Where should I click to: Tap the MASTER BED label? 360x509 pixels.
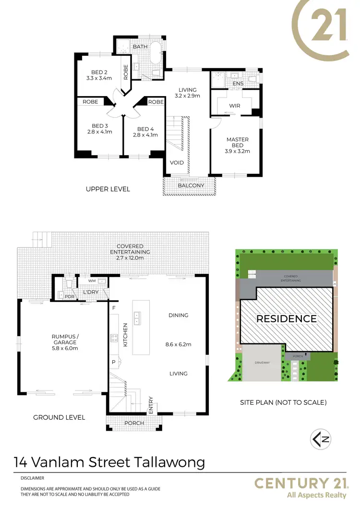coord(238,142)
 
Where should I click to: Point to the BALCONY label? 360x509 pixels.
coord(191,185)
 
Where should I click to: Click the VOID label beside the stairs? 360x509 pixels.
coord(177,163)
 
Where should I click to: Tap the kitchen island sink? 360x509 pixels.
coord(137,317)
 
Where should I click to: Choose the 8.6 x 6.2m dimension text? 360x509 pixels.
coord(178,344)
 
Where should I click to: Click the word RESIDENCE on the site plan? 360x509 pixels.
coord(286,319)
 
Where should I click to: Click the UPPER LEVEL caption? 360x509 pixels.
coord(108,189)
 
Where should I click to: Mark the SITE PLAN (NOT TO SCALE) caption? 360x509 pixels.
coord(283,402)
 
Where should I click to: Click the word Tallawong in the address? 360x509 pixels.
coord(169,462)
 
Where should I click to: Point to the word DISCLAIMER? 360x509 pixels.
coord(33,478)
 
